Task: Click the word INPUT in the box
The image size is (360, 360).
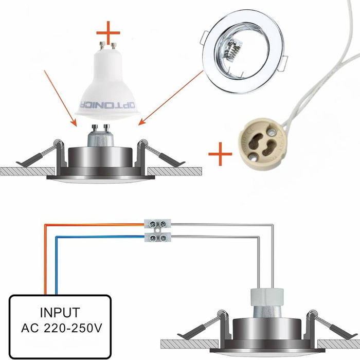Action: [x=60, y=312]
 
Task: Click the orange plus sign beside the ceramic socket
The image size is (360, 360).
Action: [x=220, y=153]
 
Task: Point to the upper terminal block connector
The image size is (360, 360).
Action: [x=157, y=224]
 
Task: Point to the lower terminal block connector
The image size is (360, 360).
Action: [x=157, y=237]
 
